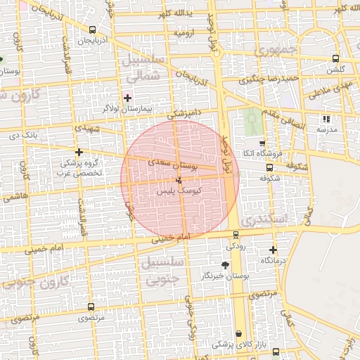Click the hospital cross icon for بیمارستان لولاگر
coord(127,97)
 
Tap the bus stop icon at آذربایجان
coord(93,30)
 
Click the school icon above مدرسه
coord(326,119)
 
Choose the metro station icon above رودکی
coord(233,236)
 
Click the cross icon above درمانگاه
coord(274,250)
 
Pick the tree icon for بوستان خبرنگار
coord(225,264)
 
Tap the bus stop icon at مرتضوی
coord(91,307)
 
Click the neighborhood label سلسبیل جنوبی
coord(163,270)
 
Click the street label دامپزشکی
coord(184,114)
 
